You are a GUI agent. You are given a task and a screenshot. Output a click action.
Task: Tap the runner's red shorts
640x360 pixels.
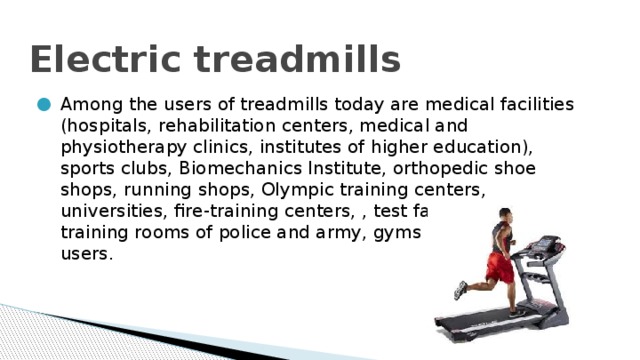pyautogui.click(x=499, y=268)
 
